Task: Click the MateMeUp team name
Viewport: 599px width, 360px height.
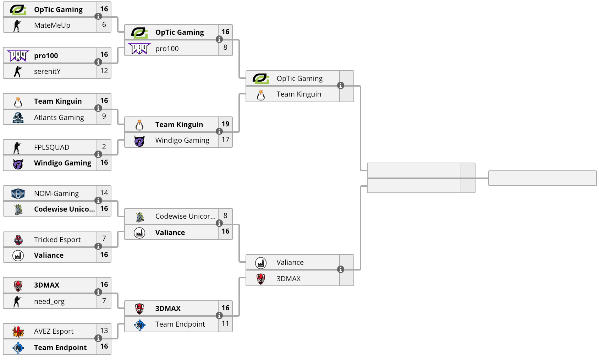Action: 52,25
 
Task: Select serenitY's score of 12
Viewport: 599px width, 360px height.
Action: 104,71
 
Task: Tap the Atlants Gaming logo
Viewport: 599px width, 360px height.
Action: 18,118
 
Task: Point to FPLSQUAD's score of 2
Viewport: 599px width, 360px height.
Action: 104,147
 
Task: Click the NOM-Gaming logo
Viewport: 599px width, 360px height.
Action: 18,193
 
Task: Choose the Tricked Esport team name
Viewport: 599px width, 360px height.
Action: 57,240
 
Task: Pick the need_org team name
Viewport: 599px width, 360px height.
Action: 49,301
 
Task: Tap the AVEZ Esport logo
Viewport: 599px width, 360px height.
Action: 18,332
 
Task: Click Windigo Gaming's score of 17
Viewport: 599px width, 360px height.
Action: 225,140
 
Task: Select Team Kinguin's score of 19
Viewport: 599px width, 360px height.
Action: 225,124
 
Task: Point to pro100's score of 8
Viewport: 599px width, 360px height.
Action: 225,47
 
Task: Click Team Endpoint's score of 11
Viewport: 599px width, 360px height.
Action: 225,324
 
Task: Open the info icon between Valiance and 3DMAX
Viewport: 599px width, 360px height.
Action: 340,269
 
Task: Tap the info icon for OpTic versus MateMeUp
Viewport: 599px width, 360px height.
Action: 98,16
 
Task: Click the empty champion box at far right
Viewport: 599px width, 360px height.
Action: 542,178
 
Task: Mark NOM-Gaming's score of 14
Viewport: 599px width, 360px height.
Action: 104,193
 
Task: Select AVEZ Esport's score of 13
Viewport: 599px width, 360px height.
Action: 104,331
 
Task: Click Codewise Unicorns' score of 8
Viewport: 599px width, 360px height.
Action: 225,216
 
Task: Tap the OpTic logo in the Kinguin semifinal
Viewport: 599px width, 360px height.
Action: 261,78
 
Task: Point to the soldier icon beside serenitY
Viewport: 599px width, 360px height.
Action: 18,71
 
